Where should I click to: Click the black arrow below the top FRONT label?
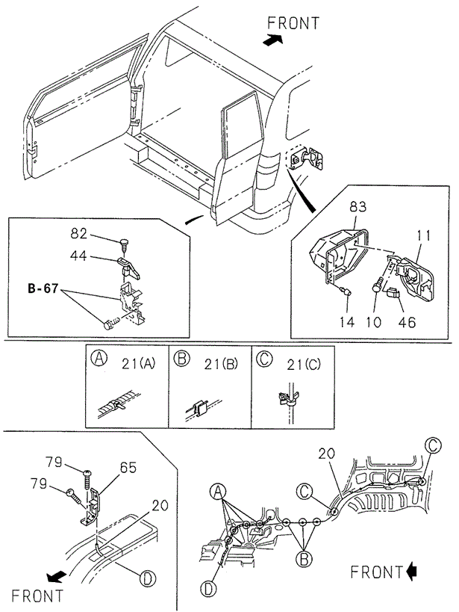point(272,40)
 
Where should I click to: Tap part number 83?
point(357,205)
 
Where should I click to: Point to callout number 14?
point(346,322)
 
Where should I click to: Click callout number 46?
point(408,322)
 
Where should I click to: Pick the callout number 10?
point(374,322)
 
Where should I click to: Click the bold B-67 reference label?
point(43,288)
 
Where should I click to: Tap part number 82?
point(78,233)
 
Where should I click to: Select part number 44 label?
point(78,256)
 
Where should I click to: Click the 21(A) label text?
point(138,364)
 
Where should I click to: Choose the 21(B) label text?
point(221,364)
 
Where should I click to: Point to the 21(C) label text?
point(304,364)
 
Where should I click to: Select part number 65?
point(128,467)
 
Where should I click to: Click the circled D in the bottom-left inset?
point(148,578)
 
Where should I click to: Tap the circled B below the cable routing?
point(304,559)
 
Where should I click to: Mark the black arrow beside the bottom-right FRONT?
point(411,572)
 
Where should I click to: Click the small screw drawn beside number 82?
point(125,243)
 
